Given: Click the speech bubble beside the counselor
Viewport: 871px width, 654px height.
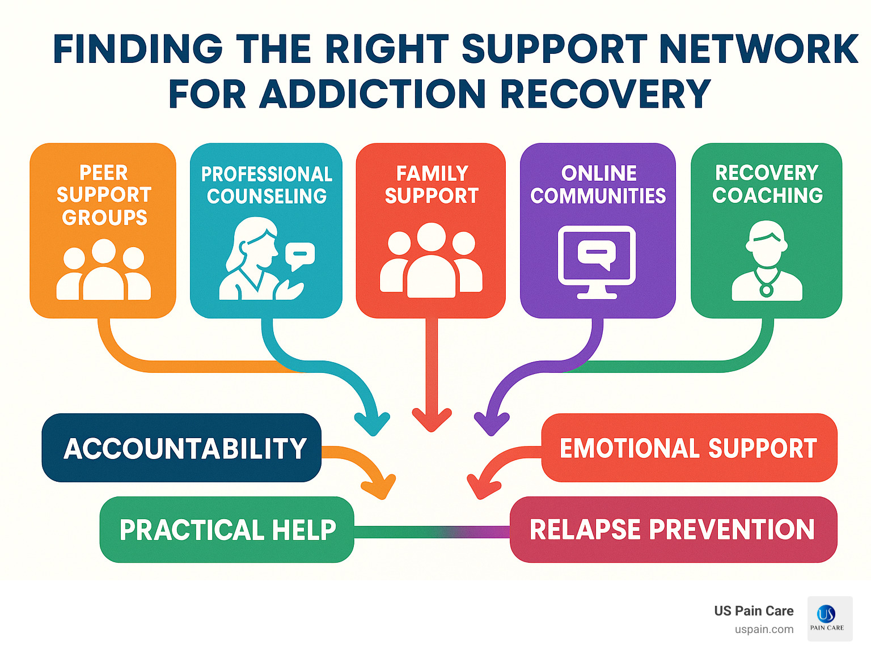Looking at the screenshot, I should point(299,256).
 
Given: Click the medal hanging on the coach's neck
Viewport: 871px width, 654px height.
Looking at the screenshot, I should point(767,290).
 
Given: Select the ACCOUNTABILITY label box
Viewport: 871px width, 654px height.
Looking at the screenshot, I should point(181,448).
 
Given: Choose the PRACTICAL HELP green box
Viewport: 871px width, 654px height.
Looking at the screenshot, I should point(227,530).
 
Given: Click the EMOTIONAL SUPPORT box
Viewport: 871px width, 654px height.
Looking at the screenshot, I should point(688,448).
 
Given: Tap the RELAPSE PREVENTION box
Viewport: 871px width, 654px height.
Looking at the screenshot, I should point(673,530).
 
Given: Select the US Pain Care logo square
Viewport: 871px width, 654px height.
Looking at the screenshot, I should point(830,618).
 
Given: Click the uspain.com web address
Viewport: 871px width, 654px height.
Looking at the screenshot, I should point(764,630).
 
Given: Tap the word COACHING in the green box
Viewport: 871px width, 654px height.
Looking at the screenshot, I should point(767,196).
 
